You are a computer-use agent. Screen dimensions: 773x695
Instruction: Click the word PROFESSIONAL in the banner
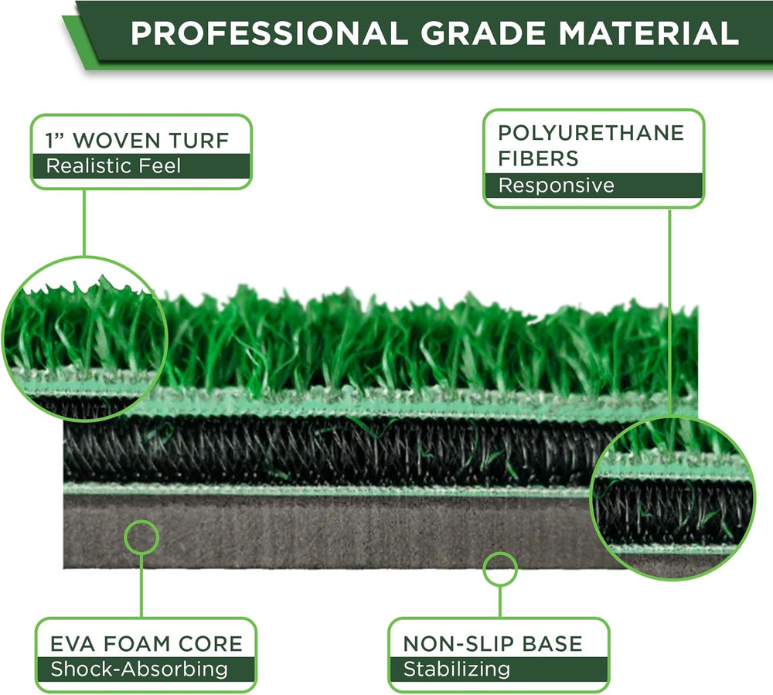[x=269, y=33]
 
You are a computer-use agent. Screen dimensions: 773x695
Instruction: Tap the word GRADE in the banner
[x=482, y=33]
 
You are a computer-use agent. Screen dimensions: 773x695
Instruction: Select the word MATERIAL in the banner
[x=649, y=33]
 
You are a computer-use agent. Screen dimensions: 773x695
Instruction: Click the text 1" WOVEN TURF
[x=137, y=141]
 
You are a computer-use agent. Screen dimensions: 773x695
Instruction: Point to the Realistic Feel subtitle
[x=114, y=166]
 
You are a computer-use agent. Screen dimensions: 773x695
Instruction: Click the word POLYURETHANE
[x=591, y=133]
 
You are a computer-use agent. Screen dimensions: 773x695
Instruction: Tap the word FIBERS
[x=538, y=158]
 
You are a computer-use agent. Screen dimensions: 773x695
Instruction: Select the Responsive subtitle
[x=556, y=186]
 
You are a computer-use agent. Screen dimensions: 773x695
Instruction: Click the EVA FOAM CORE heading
[x=146, y=644]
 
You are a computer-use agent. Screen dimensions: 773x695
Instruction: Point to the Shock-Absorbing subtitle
[x=139, y=669]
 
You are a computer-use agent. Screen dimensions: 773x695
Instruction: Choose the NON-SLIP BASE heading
[x=493, y=644]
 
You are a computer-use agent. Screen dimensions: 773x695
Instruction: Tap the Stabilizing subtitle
[x=457, y=669]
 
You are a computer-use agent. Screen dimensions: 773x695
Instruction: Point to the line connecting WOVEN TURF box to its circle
[x=84, y=223]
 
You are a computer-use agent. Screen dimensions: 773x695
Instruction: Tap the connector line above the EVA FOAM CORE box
[x=141, y=586]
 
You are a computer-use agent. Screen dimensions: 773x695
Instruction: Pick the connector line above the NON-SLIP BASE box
[x=500, y=602]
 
